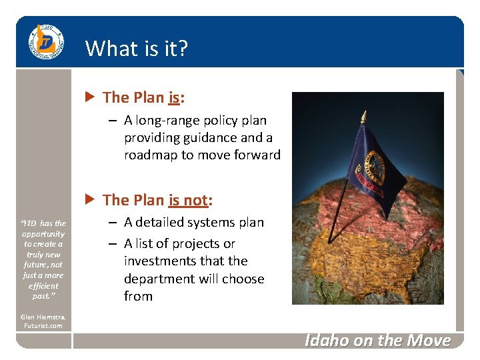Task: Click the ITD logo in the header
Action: (46, 42)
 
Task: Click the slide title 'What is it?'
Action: (137, 49)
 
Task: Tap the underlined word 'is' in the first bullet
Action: (175, 98)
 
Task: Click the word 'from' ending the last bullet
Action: (138, 297)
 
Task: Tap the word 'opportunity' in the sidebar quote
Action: (43, 234)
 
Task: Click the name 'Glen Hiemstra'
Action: (43, 317)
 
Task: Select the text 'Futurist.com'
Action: (43, 326)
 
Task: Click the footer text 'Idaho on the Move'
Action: (377, 341)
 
